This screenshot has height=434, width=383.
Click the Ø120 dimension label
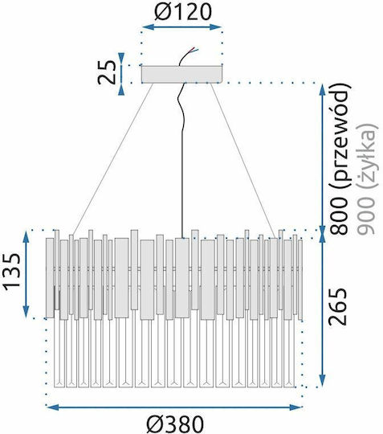point(183,12)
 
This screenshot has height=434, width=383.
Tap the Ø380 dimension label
point(175,424)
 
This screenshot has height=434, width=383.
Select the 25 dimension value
point(107,72)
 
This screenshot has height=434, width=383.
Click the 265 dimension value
point(337,306)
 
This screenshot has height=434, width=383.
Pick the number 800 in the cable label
point(339,216)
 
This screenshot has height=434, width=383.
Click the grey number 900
point(366,215)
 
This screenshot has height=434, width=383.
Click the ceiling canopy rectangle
point(182,74)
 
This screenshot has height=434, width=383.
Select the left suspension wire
point(113,160)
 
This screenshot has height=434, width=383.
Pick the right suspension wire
point(242,161)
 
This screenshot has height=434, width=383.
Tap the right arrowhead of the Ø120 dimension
point(216,27)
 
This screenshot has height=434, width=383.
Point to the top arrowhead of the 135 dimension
point(26,237)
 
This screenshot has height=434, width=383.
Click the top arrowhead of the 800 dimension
point(323,90)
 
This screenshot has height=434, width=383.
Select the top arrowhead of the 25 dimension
point(121,58)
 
